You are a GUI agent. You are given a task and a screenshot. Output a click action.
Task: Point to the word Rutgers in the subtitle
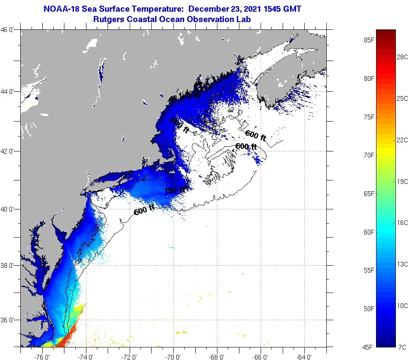tap(110, 19)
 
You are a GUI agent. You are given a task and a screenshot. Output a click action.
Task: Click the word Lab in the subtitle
tap(244, 19)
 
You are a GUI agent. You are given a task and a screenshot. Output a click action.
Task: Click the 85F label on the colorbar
tap(368, 41)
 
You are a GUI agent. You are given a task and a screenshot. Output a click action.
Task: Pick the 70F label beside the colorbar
tap(368, 155)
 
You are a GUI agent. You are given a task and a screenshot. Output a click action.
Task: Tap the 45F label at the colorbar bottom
tap(368, 347)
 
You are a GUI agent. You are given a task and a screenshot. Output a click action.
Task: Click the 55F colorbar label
tap(368, 270)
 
